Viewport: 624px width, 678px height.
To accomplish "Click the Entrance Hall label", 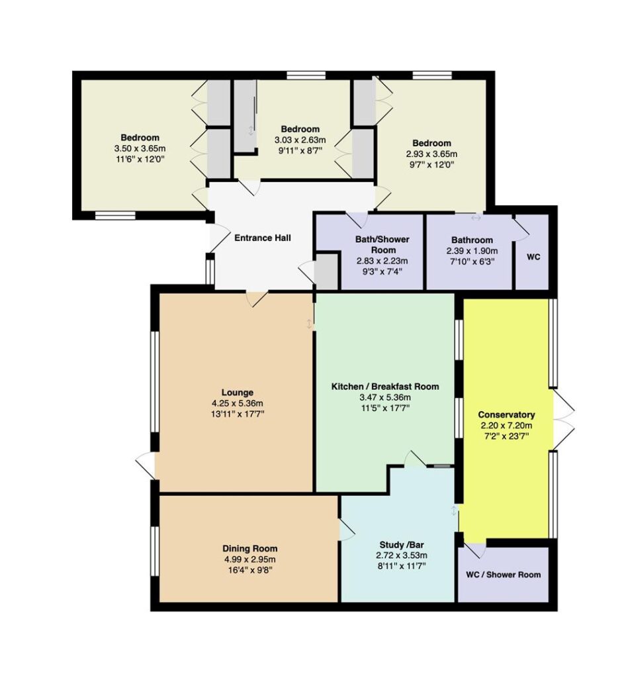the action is (x=262, y=238).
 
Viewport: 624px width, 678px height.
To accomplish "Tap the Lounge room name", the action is (x=238, y=393).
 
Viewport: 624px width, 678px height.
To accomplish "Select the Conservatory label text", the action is (x=506, y=415).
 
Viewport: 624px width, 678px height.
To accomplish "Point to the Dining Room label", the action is (x=249, y=549).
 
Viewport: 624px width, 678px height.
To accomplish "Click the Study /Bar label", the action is (x=402, y=545).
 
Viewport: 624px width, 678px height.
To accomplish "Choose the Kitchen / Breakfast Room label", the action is (x=385, y=387).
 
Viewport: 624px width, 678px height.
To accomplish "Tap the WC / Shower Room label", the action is (x=504, y=575).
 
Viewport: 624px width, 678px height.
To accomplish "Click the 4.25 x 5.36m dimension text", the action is (x=238, y=403).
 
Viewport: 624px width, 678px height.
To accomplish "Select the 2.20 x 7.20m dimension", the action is (x=506, y=426).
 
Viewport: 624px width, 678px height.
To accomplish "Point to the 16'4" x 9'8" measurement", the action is (x=249, y=570).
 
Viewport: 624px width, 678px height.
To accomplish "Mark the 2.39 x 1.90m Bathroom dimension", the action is (x=472, y=251).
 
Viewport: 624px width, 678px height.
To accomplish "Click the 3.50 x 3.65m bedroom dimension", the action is (x=140, y=148).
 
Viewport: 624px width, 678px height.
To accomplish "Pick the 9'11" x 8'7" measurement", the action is (x=300, y=150).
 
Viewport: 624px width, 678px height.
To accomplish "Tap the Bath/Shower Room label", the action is (x=382, y=245).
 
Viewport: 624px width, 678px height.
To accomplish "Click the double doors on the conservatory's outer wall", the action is (x=564, y=419).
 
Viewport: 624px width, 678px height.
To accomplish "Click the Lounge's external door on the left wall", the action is (x=146, y=465).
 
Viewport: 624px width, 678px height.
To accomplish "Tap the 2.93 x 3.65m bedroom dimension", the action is (x=431, y=154).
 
